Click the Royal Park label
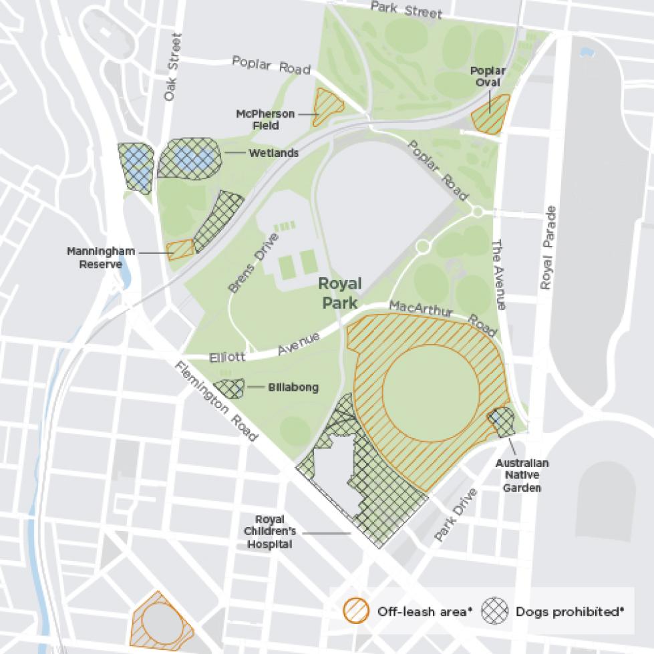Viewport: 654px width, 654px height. point(341,293)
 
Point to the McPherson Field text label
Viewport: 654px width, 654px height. point(265,119)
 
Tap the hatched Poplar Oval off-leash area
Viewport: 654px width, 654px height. point(490,114)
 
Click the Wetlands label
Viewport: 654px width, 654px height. point(273,153)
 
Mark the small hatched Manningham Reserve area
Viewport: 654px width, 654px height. point(180,249)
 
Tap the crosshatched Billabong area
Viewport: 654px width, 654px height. point(228,389)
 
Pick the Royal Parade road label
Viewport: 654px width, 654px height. point(548,247)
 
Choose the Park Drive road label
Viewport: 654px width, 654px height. point(456,514)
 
